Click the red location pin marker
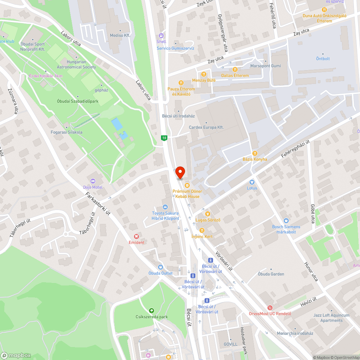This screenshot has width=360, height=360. [x=180, y=173]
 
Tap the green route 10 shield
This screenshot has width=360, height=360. [x=165, y=138]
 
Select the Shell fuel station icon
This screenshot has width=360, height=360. [x=161, y=36]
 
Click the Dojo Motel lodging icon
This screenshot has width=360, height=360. [x=93, y=181]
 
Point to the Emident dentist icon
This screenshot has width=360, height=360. [x=136, y=237]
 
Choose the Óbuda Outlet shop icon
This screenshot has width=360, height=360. [x=161, y=267]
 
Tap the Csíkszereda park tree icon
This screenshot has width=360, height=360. [x=152, y=311]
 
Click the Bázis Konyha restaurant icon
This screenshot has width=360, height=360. [x=255, y=153]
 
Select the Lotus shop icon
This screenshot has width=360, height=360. [x=252, y=182]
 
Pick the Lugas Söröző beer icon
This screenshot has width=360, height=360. [x=208, y=214]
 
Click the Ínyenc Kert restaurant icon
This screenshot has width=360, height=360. [x=202, y=230]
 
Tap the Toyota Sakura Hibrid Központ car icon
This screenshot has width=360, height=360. [x=165, y=207]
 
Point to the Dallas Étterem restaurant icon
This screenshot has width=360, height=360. [x=235, y=69]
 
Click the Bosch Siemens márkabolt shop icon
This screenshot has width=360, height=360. [x=286, y=221]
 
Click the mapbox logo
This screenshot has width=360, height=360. [x=16, y=355]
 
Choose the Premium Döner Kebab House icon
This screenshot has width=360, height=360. [x=187, y=185]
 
